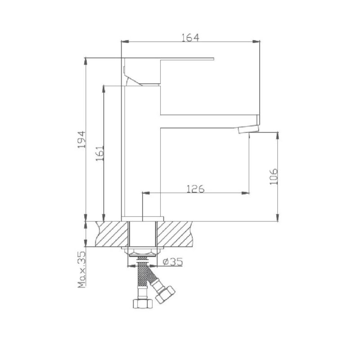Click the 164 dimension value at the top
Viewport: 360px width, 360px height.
[190, 37]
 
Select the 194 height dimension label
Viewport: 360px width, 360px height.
[81, 139]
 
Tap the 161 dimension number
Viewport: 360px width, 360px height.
[100, 153]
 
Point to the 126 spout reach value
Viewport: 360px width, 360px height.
[195, 189]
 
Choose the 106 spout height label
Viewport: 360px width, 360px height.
[274, 176]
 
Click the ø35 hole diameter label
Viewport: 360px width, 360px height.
[173, 261]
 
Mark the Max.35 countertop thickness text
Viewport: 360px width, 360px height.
[81, 270]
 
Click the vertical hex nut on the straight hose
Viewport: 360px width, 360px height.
[143, 304]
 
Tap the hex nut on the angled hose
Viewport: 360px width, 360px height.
[165, 295]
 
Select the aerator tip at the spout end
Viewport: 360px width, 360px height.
[249, 129]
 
